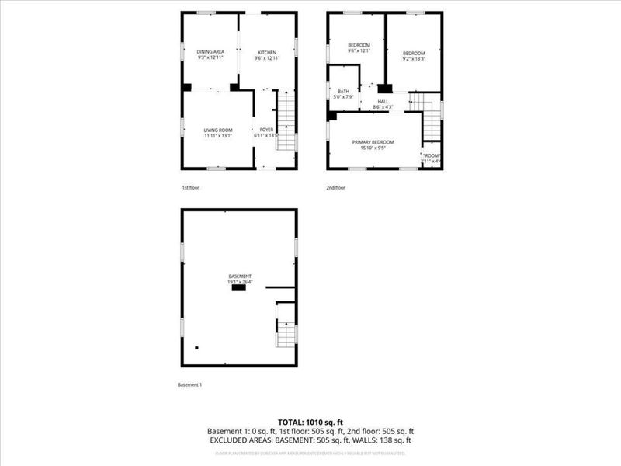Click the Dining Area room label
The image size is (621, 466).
tap(210, 52)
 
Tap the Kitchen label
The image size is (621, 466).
tap(267, 52)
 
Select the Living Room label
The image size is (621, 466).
tap(218, 130)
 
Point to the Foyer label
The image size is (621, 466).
tap(266, 130)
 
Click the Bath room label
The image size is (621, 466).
tap(343, 92)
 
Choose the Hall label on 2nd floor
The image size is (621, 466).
tap(383, 101)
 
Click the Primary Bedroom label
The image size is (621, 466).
tap(373, 142)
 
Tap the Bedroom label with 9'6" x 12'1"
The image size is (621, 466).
tap(359, 45)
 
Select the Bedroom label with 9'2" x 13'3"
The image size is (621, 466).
tap(414, 53)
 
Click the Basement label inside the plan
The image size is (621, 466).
tap(239, 276)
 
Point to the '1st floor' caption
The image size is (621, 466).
tap(191, 188)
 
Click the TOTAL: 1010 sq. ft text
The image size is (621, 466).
tap(310, 421)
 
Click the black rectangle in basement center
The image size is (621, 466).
tap(239, 288)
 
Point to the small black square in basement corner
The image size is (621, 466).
tap(197, 348)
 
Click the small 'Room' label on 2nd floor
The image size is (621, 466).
tap(432, 156)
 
